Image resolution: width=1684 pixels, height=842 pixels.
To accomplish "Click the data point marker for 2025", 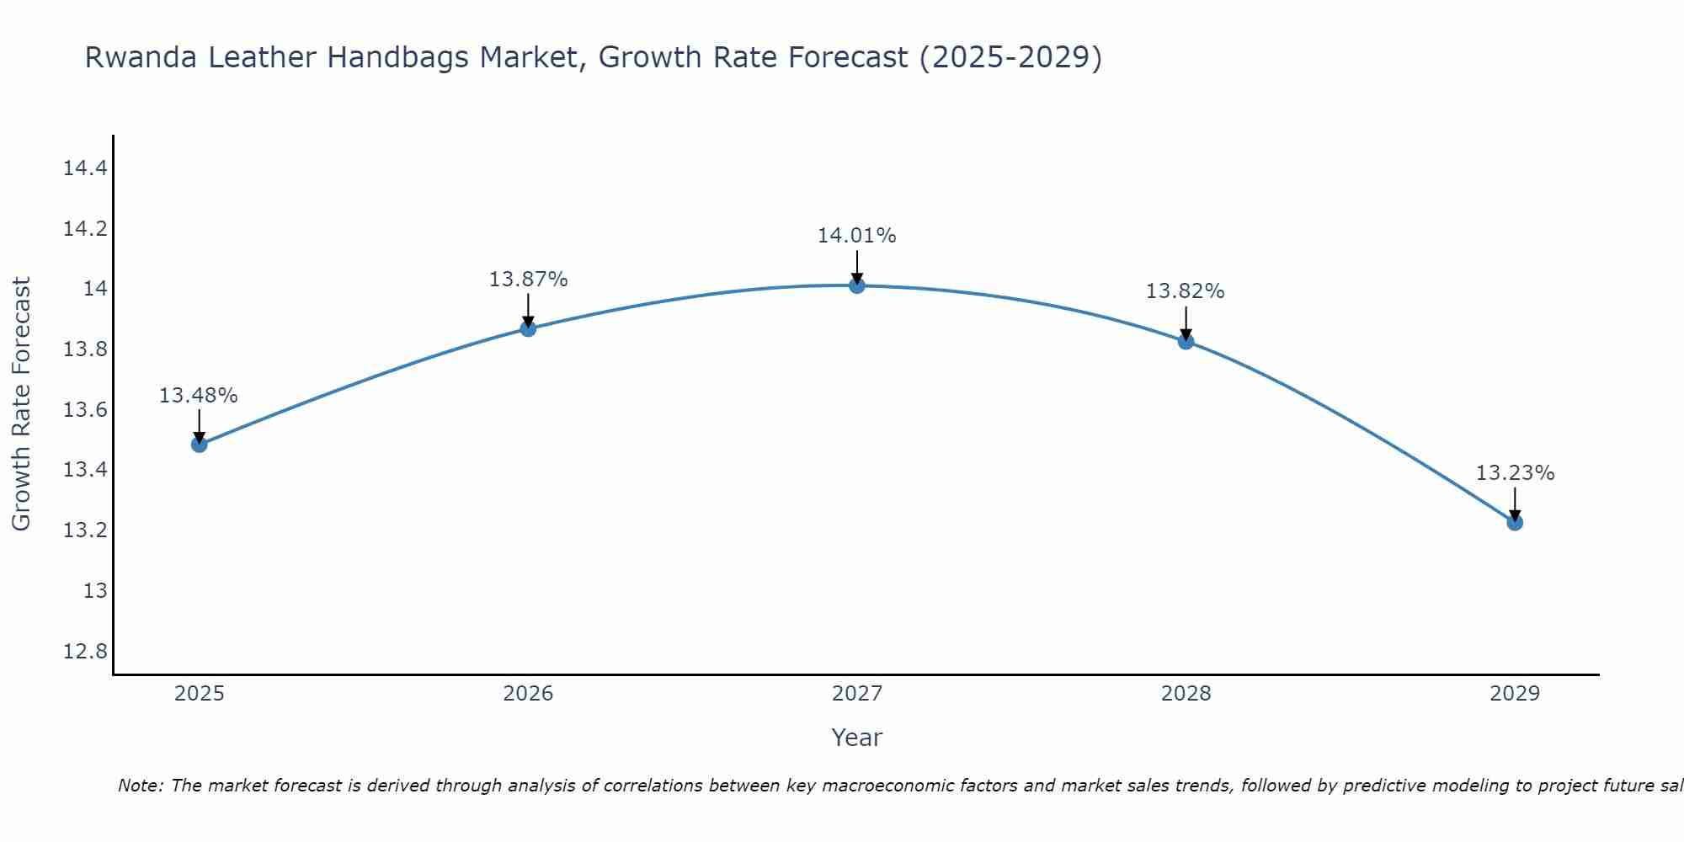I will (x=200, y=444).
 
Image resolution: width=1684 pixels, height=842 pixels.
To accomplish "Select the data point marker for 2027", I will (x=857, y=285).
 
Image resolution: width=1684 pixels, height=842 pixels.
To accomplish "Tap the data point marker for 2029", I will (x=1515, y=523).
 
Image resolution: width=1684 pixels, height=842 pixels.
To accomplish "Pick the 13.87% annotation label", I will (x=528, y=280).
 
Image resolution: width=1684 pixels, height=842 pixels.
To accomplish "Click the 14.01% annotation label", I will (x=857, y=236).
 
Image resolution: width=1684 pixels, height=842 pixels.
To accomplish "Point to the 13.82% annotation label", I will (x=1185, y=291).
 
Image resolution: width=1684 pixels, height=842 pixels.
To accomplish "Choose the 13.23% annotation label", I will (x=1515, y=473).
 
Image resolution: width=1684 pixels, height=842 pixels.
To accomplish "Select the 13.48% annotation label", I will (x=199, y=396).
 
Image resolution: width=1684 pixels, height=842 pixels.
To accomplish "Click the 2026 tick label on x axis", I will (x=528, y=694).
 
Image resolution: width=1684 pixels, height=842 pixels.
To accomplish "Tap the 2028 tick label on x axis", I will (x=1186, y=694).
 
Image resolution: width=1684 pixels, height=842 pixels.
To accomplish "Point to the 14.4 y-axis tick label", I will (x=86, y=168).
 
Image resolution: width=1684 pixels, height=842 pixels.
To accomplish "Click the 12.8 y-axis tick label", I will (x=86, y=652).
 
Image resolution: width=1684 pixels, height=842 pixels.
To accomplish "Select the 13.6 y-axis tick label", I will (x=86, y=410).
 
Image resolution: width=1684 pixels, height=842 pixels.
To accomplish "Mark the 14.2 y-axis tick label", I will (x=86, y=229).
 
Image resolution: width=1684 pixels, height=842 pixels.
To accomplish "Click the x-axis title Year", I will (x=856, y=738).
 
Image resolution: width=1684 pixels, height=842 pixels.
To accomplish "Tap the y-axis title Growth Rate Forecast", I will (x=22, y=404).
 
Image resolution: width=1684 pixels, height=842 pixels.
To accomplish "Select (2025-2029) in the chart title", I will (x=1010, y=58).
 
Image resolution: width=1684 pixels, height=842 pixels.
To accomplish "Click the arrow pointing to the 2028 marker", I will (x=1186, y=322).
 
